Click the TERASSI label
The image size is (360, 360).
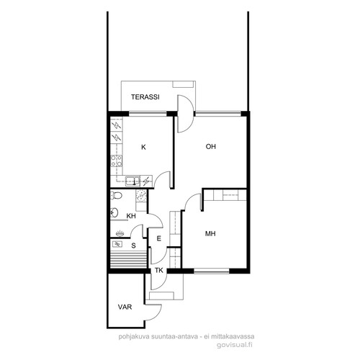pyautogui.click(x=145, y=97)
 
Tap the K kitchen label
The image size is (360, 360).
pyautogui.click(x=143, y=147)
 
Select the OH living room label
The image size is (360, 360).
pyautogui.click(x=211, y=146)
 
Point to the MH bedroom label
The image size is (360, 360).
pyautogui.click(x=210, y=233)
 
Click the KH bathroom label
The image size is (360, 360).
pyautogui.click(x=131, y=216)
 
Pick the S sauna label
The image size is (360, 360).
pyautogui.click(x=134, y=246)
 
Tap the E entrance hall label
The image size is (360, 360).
pyautogui.click(x=158, y=238)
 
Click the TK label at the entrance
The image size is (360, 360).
pyautogui.click(x=159, y=271)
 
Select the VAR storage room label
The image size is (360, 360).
pyautogui.click(x=125, y=307)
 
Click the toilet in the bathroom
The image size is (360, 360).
pyautogui.click(x=116, y=195)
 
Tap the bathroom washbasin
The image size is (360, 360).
pyautogui.click(x=114, y=212)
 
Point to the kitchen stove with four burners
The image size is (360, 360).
pyautogui.click(x=116, y=161)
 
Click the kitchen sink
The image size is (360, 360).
pyautogui.click(x=132, y=181)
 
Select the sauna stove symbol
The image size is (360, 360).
pyautogui.click(x=117, y=244)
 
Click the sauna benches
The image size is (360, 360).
pyautogui.click(x=128, y=259)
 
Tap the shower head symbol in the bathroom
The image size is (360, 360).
pyautogui.click(x=120, y=233)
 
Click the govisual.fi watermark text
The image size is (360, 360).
pyautogui.click(x=235, y=345)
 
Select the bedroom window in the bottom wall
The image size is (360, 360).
pyautogui.click(x=212, y=271)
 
